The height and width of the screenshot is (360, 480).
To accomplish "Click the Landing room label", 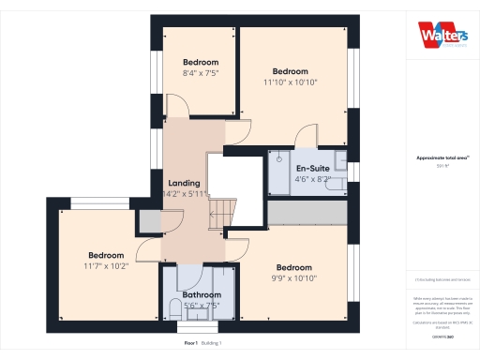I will (183, 183).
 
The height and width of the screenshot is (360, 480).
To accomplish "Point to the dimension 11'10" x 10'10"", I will (291, 82).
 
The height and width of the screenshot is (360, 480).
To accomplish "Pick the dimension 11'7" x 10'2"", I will (107, 266).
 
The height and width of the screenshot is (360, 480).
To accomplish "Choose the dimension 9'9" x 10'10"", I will (295, 277).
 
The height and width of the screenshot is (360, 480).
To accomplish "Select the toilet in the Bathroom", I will (174, 309).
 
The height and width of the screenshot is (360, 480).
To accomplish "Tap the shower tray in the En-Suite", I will (280, 172).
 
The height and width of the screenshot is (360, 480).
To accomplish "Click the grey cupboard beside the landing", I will (148, 221).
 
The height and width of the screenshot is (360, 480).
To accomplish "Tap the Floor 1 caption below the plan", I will (190, 343).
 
